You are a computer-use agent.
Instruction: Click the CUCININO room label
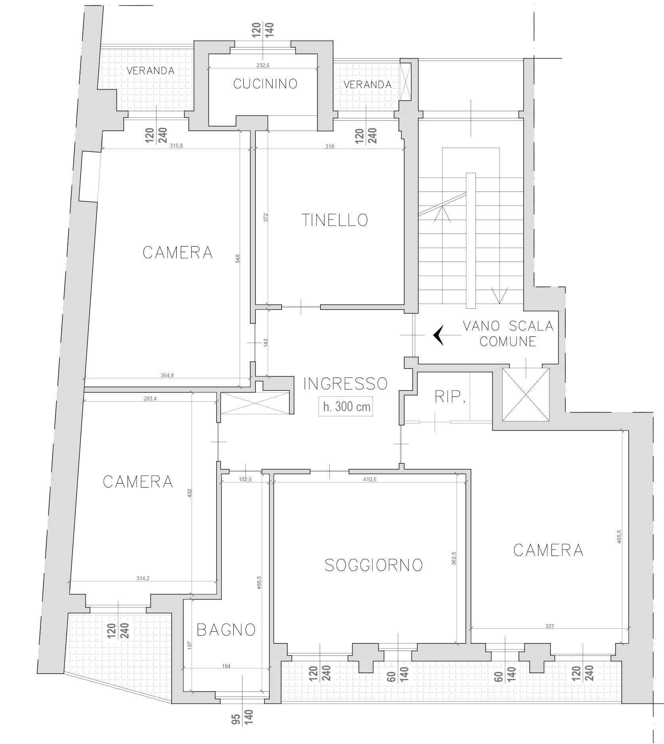(265, 84)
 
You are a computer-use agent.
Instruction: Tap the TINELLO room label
(335, 220)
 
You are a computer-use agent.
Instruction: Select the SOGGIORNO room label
(374, 565)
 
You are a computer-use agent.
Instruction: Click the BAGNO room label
(226, 630)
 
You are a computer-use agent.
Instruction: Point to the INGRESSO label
(345, 383)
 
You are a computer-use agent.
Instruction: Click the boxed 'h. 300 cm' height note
(346, 407)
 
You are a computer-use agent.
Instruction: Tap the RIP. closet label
(450, 397)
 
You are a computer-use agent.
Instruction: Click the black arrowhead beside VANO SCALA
(438, 335)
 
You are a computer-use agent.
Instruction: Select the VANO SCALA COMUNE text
(508, 334)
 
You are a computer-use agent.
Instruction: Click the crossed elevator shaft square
(526, 394)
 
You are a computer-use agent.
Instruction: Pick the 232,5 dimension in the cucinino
(263, 65)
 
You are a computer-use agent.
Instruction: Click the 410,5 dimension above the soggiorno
(369, 479)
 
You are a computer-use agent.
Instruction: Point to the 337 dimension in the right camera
(550, 626)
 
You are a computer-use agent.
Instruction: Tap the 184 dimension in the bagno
(226, 666)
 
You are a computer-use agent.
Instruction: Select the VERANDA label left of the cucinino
(151, 71)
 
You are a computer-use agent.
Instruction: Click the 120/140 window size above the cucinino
(263, 30)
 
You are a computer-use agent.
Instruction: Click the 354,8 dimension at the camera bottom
(167, 375)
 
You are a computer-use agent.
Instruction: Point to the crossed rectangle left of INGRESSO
(255, 403)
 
